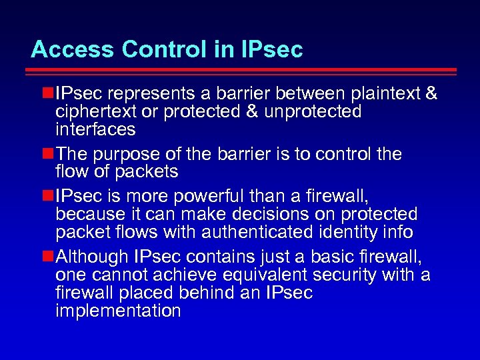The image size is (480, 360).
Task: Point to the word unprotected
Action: tap(313, 111)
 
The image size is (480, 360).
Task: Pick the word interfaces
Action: tap(95, 129)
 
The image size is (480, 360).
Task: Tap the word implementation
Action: tap(118, 311)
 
